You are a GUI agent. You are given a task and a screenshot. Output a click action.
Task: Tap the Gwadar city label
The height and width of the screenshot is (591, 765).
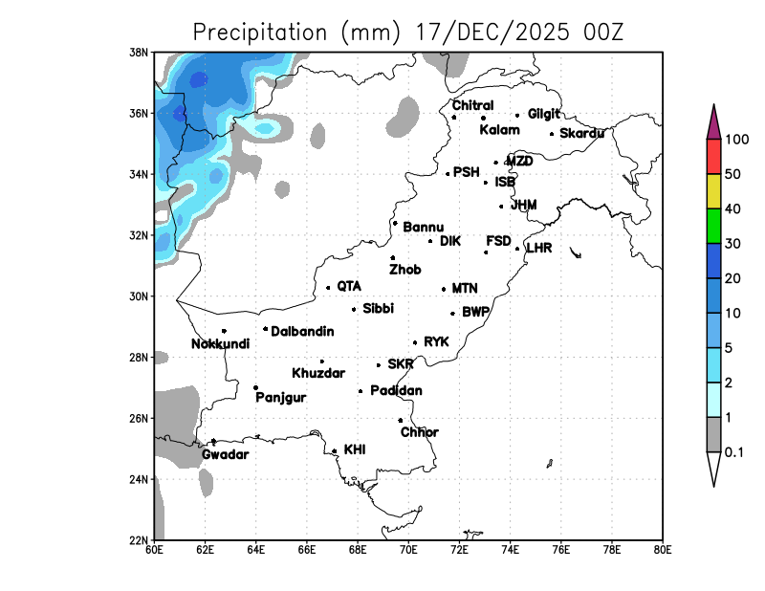tap(226, 455)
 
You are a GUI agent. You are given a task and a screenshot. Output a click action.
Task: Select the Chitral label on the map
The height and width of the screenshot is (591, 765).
tap(472, 105)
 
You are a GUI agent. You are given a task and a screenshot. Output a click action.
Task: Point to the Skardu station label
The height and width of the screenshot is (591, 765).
tap(581, 133)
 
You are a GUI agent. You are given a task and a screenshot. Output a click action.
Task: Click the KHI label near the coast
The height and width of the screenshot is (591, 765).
tap(355, 449)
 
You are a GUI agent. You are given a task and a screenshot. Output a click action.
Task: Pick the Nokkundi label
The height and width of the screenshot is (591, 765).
tap(220, 344)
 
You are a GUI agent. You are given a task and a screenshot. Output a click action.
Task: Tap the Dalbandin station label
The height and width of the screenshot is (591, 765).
tap(302, 332)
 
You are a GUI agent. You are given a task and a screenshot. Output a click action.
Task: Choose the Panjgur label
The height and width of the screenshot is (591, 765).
tap(281, 398)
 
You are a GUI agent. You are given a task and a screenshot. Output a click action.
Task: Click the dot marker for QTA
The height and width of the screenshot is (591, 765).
tap(328, 287)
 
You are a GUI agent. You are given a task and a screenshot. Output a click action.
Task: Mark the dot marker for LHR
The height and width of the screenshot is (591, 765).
tap(517, 249)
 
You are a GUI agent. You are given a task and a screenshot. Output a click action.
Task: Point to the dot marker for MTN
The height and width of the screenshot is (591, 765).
tap(444, 289)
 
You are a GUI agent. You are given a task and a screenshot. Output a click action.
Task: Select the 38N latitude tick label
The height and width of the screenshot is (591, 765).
tap(140, 52)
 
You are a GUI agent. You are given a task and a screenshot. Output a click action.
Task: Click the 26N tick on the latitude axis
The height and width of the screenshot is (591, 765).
tap(140, 418)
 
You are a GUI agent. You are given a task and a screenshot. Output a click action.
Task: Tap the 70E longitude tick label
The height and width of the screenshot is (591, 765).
tap(408, 550)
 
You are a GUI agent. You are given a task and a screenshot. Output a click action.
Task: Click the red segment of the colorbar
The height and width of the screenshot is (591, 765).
tap(713, 155)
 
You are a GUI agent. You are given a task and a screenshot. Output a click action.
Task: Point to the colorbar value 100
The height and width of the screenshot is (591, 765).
tap(736, 140)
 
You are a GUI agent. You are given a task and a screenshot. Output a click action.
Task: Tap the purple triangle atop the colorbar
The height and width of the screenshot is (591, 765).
tap(713, 121)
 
